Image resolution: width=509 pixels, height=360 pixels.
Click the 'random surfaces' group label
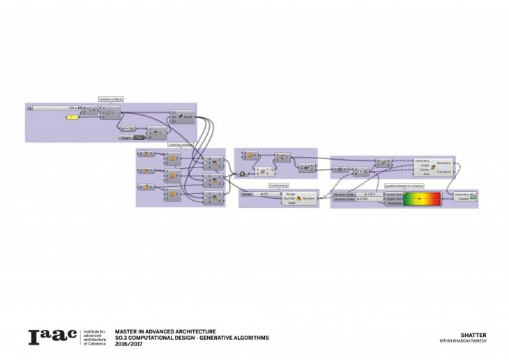pos(110,100)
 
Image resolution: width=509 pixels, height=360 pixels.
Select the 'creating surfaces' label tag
pos(180,144)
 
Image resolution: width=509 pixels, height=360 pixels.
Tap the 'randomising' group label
pos(279,186)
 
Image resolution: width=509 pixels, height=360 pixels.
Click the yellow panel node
pos(73,117)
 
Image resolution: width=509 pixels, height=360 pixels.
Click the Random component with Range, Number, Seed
pos(298,198)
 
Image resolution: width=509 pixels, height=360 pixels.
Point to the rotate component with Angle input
pos(434,166)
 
